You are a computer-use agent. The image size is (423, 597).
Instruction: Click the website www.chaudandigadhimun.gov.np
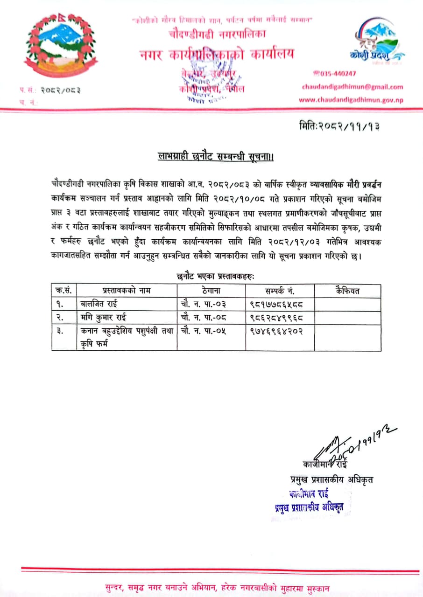coord(351,100)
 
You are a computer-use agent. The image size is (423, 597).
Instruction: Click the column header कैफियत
coord(347,291)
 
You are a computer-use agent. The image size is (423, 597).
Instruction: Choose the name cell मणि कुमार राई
coord(102,318)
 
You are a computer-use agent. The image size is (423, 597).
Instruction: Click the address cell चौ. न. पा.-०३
coord(203,305)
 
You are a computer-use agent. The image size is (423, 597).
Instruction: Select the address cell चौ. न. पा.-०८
coord(203,318)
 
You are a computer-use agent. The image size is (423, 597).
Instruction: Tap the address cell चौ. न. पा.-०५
coord(203,331)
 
